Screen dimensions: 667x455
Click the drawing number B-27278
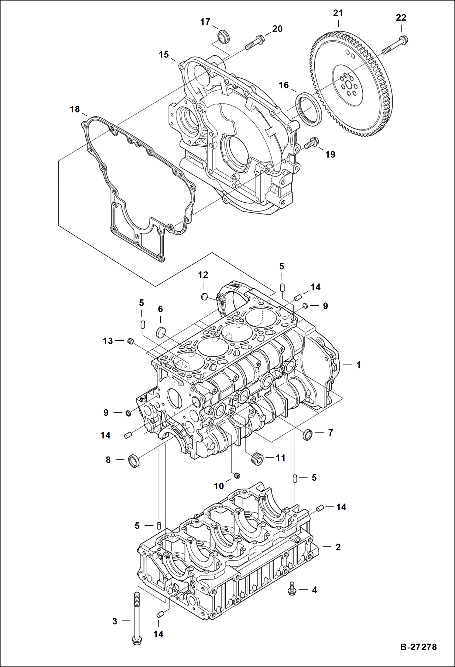418,647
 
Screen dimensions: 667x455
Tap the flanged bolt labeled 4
292,589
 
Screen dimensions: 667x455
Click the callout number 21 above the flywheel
338,13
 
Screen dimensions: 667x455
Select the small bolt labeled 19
311,143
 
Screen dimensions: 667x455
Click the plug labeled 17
224,36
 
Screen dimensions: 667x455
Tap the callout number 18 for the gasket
75,109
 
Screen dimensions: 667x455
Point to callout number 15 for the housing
164,54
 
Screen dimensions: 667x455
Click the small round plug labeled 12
204,296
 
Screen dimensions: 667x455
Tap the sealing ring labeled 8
134,460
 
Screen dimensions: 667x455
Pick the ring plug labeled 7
308,434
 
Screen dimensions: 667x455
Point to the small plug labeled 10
237,476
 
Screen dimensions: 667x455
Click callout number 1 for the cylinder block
358,365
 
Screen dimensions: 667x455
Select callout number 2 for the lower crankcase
338,547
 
